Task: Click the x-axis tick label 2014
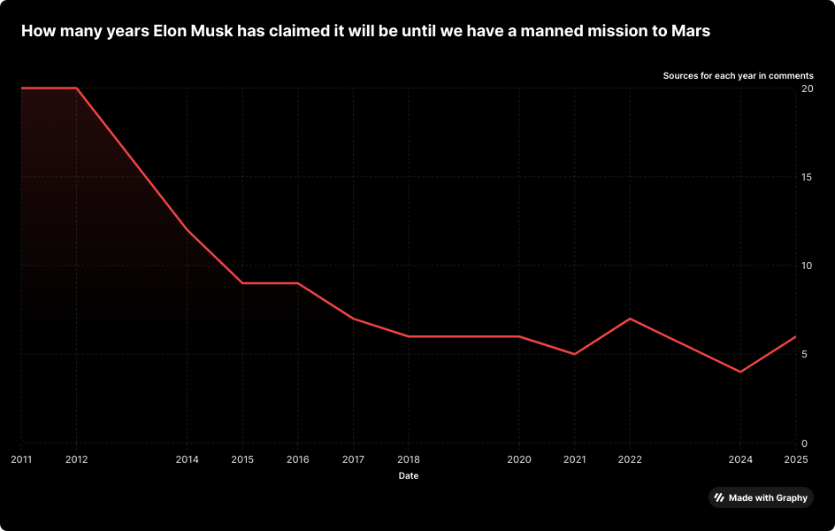(x=187, y=459)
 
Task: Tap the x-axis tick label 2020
(x=519, y=459)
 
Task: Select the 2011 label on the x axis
(x=21, y=459)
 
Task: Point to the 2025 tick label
(x=795, y=459)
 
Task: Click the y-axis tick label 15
(x=807, y=177)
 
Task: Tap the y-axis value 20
(x=807, y=88)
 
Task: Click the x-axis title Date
(x=409, y=476)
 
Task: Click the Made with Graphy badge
(x=761, y=497)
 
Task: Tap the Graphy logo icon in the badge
(x=719, y=497)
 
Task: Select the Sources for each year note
(x=738, y=76)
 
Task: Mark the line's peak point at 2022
(x=630, y=319)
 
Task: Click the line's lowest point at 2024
(x=740, y=372)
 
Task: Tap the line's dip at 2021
(x=575, y=354)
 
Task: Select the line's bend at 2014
(x=187, y=230)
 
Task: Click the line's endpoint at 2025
(x=795, y=336)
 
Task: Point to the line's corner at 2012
(x=77, y=88)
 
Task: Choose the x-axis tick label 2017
(x=353, y=459)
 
